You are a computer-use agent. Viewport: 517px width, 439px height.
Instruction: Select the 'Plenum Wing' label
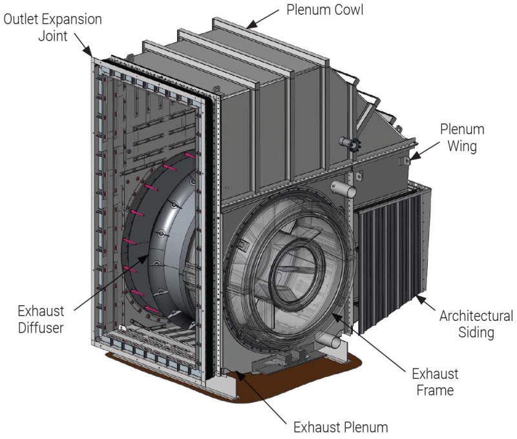462,138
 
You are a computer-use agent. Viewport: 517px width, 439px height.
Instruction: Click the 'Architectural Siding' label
476,325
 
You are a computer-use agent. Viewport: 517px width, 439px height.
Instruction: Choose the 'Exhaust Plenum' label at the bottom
340,427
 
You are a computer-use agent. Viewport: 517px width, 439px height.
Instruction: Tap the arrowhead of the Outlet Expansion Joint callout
93,56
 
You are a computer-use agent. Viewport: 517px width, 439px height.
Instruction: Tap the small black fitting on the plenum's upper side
353,145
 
